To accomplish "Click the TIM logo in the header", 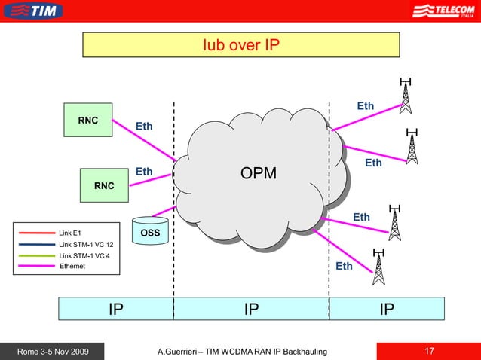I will click(33, 11).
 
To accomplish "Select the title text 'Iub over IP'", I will click(240, 45).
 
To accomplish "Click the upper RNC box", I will click(88, 120).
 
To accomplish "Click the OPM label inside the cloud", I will click(258, 174).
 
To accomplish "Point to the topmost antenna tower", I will click(406, 96).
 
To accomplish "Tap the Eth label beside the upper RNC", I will click(144, 126).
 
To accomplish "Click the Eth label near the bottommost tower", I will click(344, 266).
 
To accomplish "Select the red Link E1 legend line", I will click(35, 233).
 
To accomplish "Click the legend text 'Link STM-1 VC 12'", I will click(86, 245).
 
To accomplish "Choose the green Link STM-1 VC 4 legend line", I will click(35, 256).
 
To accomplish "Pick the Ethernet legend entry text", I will click(72, 267).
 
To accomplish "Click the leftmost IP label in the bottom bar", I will click(115, 308).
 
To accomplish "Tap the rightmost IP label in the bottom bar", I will click(387, 308).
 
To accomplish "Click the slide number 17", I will click(430, 351).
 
